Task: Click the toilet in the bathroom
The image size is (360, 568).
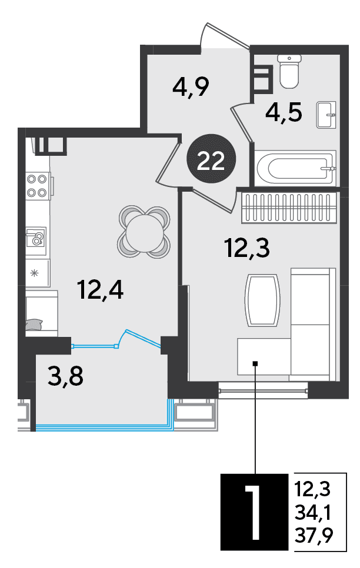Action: [289, 71]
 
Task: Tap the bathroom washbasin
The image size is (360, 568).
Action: [326, 115]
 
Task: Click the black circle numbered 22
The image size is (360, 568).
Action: [211, 159]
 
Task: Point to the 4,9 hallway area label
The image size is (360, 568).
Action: [191, 87]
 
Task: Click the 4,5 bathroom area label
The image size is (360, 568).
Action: [284, 113]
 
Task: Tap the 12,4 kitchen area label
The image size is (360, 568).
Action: [101, 290]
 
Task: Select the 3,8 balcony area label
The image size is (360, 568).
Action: [65, 376]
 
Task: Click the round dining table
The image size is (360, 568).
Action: [144, 232]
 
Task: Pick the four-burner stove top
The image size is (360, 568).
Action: [38, 185]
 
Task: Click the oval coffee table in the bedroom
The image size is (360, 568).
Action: [262, 299]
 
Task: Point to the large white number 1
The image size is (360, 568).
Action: [254, 512]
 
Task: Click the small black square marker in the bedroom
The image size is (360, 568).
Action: [255, 363]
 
